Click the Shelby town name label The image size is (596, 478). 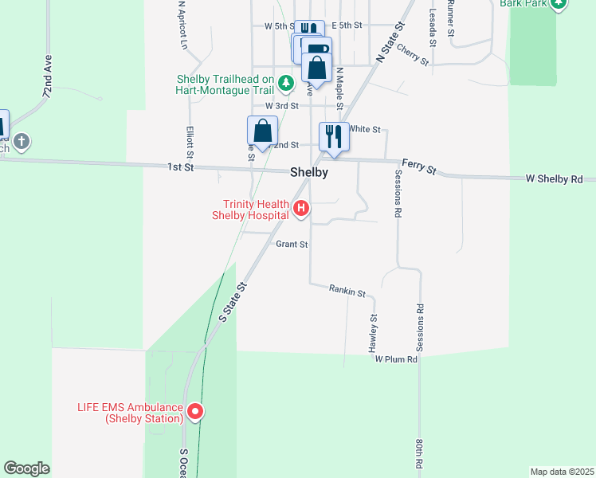[309, 172]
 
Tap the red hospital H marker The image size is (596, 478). [301, 209]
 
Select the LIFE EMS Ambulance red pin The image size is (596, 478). [194, 412]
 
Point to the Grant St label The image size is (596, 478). [292, 245]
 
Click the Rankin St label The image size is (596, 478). [347, 291]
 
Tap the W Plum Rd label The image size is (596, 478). [397, 360]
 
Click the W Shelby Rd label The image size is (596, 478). [554, 179]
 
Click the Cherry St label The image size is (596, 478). [412, 54]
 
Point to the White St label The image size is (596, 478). [365, 129]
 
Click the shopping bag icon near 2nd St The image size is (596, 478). [261, 131]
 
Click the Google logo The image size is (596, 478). [26, 468]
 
